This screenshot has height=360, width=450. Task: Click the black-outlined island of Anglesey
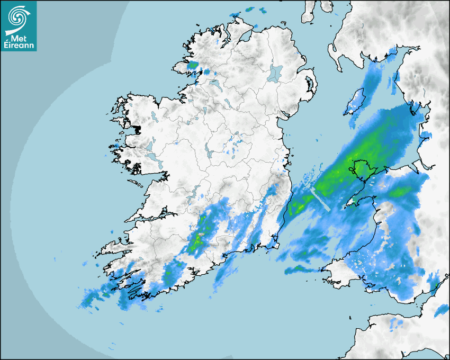pyautogui.click(x=361, y=170)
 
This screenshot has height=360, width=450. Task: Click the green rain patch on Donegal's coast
pyautogui.click(x=193, y=65)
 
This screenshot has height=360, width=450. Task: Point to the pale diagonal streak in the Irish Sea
pyautogui.click(x=321, y=199)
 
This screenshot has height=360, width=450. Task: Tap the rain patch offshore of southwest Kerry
pyautogui.click(x=90, y=299)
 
